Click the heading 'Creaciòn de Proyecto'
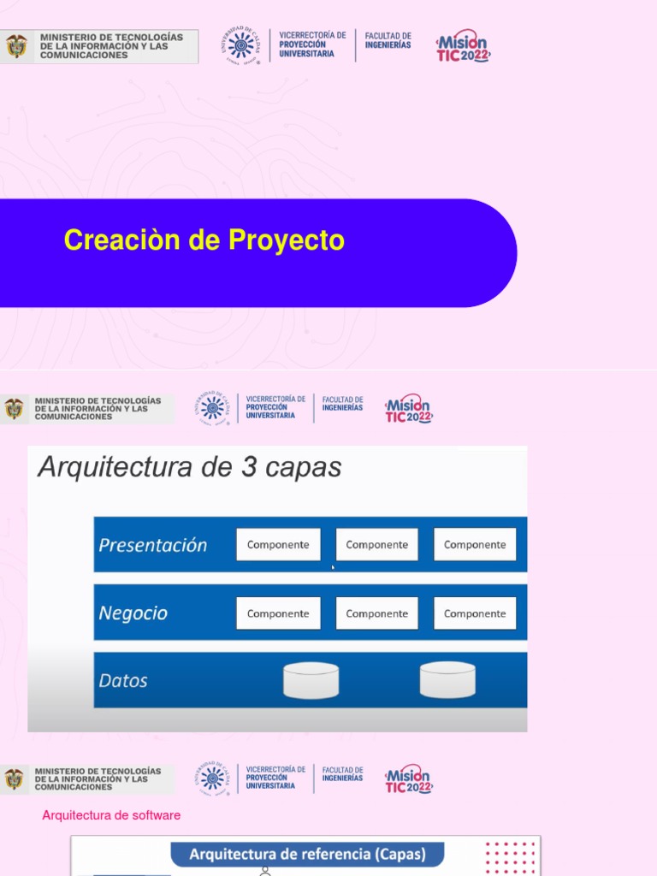(204, 240)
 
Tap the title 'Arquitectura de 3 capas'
(189, 467)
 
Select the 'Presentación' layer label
(153, 545)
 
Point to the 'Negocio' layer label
(133, 613)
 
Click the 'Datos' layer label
(123, 681)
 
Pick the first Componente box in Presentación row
(278, 545)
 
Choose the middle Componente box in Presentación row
(376, 545)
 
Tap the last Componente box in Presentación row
(475, 545)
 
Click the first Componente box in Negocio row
(278, 613)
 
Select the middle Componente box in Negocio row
(376, 613)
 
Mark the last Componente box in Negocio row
(475, 613)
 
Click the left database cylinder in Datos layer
(311, 680)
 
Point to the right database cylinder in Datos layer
(447, 680)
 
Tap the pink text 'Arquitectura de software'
(111, 815)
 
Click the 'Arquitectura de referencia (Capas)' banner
(307, 855)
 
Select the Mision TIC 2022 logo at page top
(463, 45)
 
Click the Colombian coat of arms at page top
(16, 46)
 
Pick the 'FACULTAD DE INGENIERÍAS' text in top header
(388, 40)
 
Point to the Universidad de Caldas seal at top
(240, 44)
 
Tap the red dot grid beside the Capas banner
(510, 857)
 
